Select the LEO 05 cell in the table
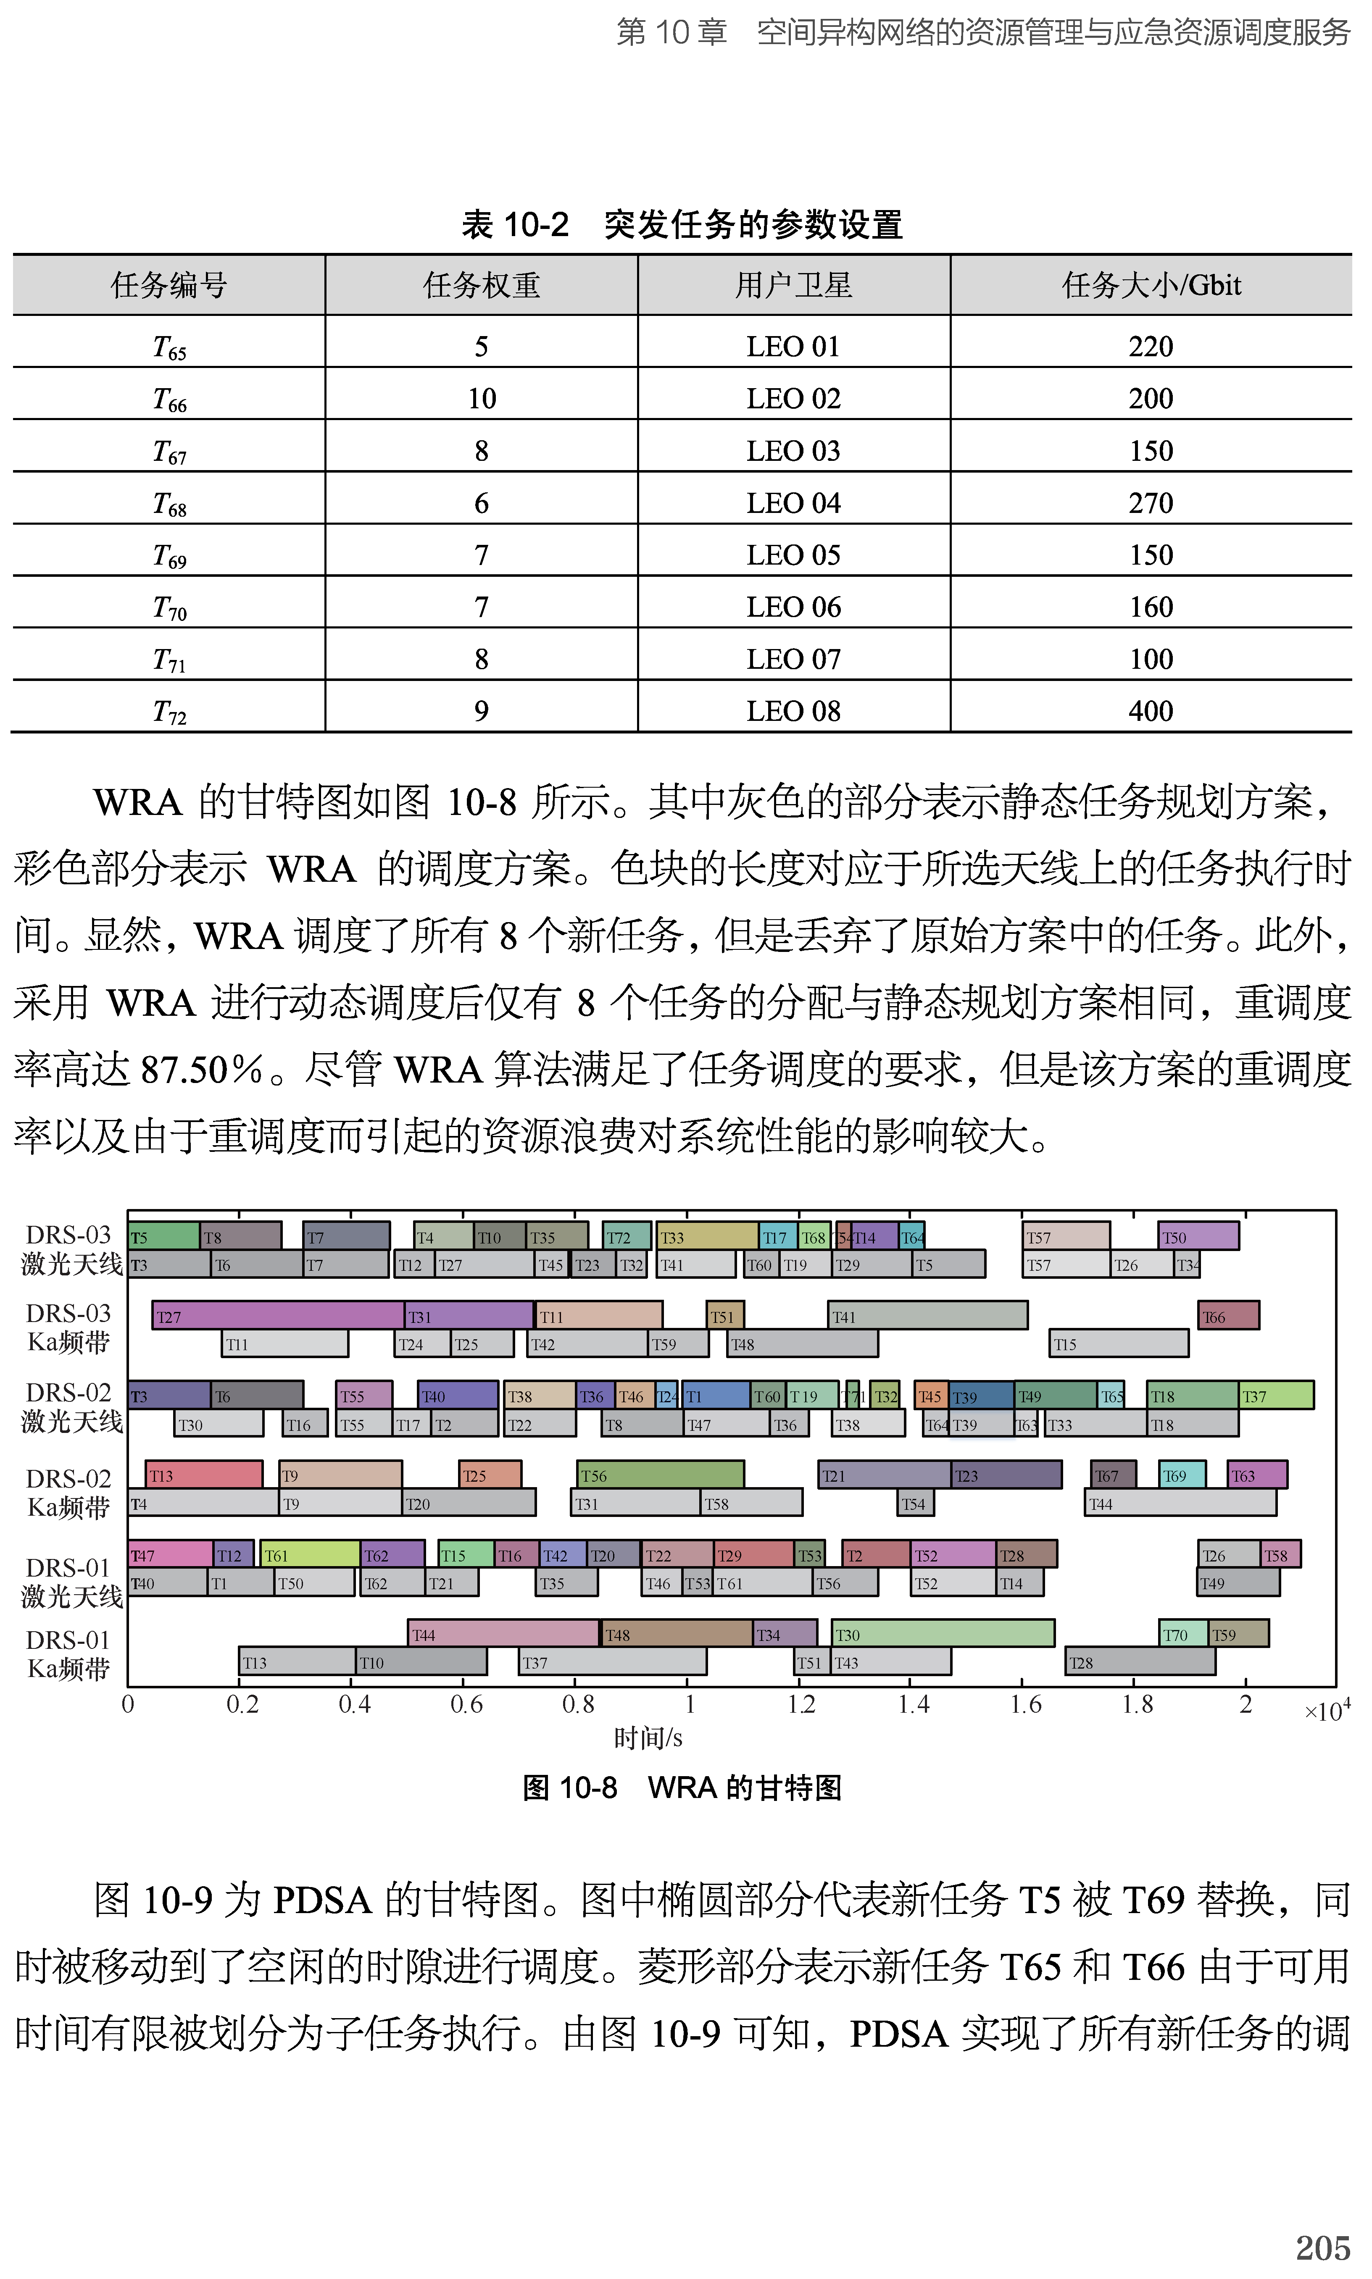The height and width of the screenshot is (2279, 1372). click(793, 555)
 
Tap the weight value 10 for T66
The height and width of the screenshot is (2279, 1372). click(482, 398)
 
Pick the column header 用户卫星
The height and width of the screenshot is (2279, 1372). click(793, 285)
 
